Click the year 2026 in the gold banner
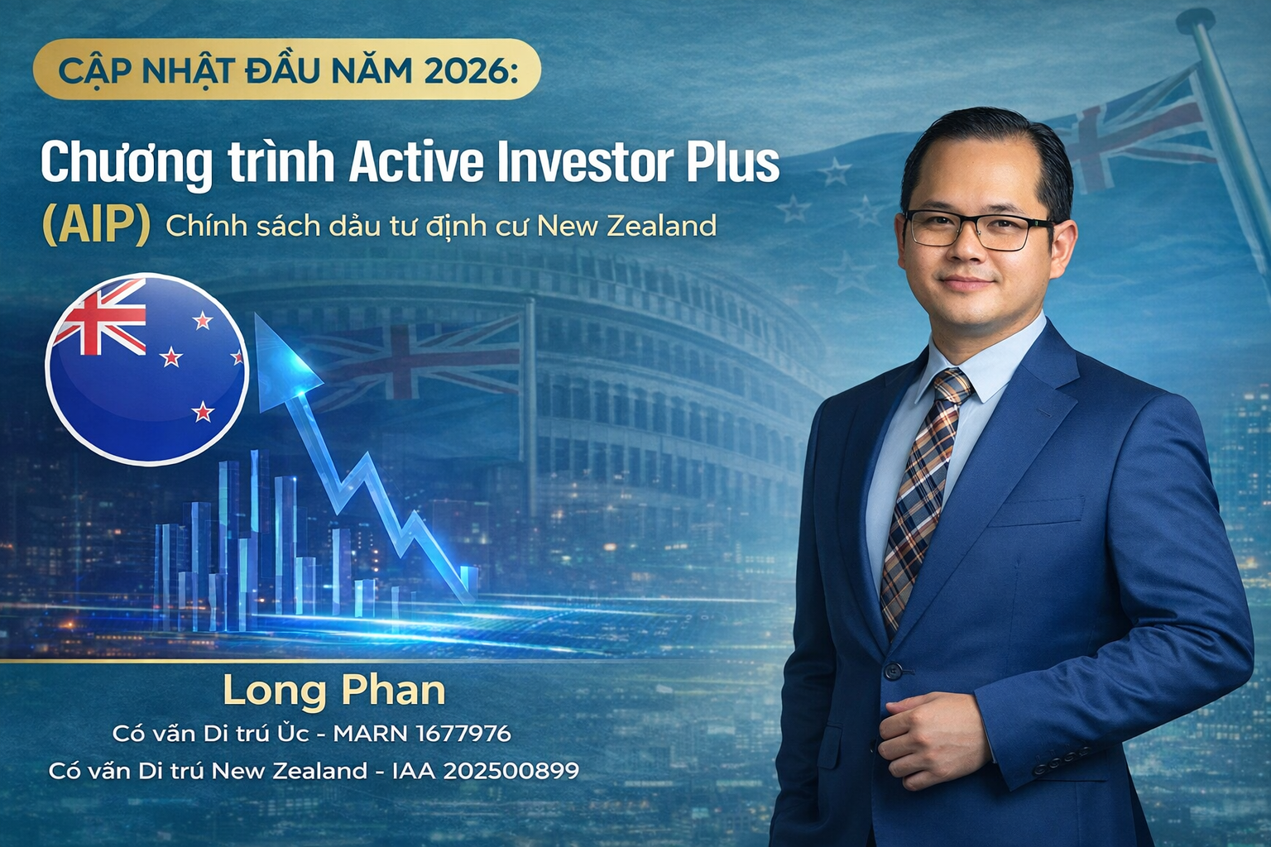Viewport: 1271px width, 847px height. click(468, 70)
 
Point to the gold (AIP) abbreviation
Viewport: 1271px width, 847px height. click(96, 226)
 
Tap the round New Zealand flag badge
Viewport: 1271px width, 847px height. click(147, 368)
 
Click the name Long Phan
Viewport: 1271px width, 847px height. click(333, 691)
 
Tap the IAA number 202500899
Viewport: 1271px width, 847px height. click(510, 771)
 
